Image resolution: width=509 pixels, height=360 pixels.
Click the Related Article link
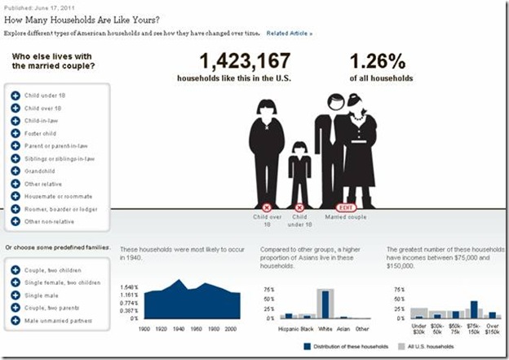coord(289,33)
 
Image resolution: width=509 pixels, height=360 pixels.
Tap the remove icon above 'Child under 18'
coord(299,207)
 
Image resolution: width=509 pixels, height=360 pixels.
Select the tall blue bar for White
coord(325,303)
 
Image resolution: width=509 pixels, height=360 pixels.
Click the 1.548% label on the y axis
coord(131,287)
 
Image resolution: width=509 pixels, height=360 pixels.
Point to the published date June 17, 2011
coord(52,7)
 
